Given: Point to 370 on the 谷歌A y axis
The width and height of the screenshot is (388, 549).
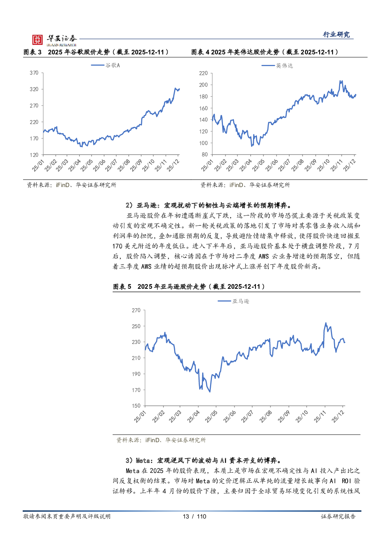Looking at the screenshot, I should point(34,73).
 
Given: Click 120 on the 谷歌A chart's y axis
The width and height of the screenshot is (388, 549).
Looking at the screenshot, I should point(34,155).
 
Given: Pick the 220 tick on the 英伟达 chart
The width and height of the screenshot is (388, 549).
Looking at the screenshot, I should point(203,73).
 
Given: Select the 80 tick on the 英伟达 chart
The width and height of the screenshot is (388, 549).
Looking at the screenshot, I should point(205,155).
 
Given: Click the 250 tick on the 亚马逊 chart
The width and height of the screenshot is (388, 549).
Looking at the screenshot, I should point(136,326).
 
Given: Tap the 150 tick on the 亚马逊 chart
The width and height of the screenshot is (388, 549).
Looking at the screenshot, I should point(136,406).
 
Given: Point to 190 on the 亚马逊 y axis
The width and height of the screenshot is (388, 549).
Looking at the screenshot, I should point(136,374).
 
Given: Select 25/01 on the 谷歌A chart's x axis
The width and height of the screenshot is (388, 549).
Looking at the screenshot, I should point(38,165).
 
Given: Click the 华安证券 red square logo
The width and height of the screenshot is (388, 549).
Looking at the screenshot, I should point(38,40).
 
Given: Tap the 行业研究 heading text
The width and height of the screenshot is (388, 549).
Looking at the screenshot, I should point(336,34).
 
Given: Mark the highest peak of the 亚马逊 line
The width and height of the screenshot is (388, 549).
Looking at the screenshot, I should point(326,323).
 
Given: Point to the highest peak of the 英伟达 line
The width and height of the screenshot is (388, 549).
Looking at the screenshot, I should point(340,81).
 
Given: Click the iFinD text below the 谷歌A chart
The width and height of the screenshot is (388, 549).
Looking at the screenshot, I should point(63,185).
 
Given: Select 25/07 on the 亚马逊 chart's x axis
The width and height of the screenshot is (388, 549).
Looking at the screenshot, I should point(247,416).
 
